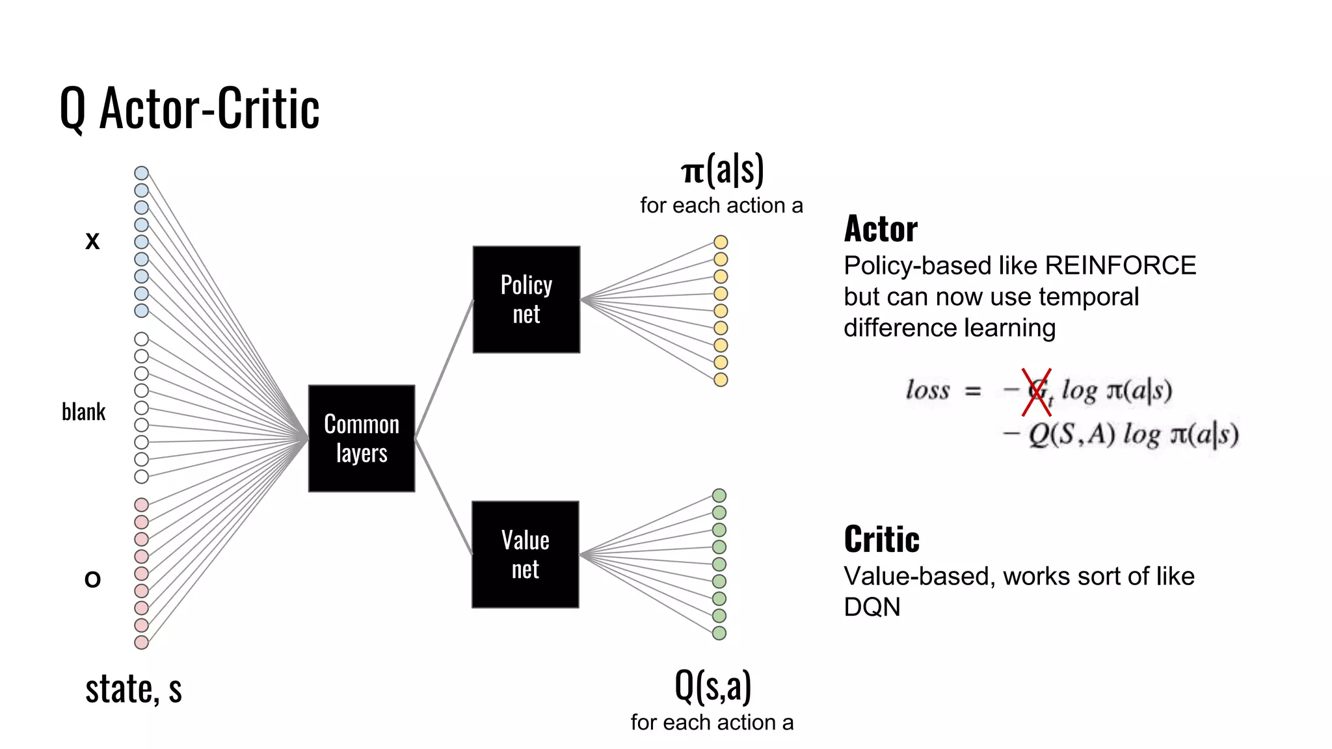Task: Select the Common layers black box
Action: (362, 438)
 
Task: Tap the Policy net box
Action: (526, 300)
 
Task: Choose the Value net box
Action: (525, 555)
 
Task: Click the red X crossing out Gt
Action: (1036, 392)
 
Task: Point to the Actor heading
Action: (881, 229)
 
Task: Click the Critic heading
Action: (881, 540)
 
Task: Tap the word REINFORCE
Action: (1120, 266)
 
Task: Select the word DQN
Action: (872, 607)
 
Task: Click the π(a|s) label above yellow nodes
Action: (722, 170)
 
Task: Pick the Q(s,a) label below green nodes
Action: (713, 686)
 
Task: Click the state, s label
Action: (133, 689)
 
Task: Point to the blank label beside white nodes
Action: (83, 412)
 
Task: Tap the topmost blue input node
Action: (141, 173)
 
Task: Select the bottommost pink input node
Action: (141, 642)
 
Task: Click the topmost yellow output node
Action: (721, 242)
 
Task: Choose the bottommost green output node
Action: (719, 633)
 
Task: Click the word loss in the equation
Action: (927, 390)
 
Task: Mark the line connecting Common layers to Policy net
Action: (444, 368)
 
